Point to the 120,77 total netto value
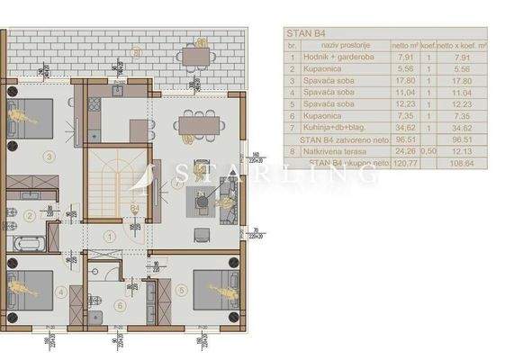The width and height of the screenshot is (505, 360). coord(401,163)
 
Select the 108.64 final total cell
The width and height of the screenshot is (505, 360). coord(472,163)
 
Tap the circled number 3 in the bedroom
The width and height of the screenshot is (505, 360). coord(46,155)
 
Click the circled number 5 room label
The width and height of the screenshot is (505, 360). coord(181,290)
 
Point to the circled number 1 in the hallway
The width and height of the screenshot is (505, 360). coord(109,237)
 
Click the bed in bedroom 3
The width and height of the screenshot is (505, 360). coord(31,116)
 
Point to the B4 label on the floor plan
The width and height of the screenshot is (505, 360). coord(133,209)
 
